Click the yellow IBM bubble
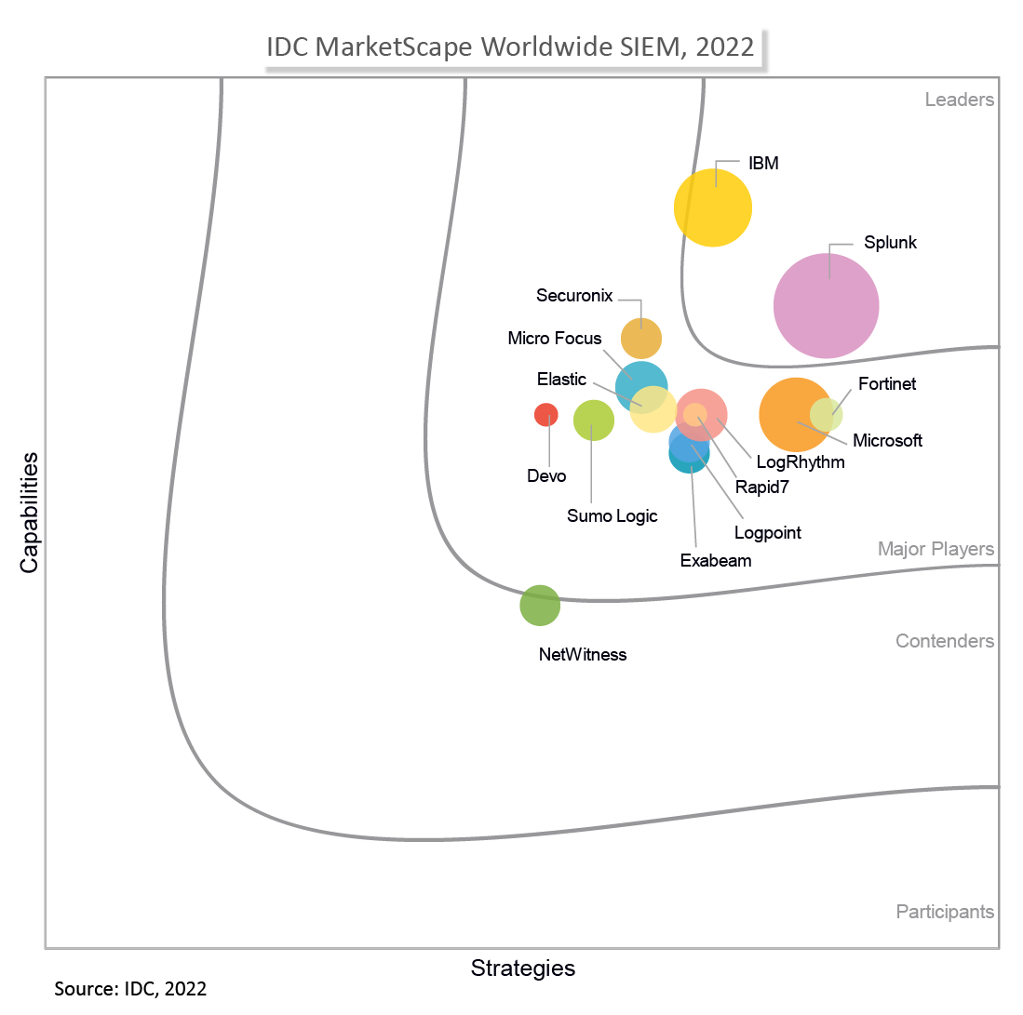[x=712, y=207]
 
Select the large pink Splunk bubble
[x=826, y=305]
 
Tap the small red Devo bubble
[x=545, y=415]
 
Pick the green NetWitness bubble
[x=540, y=606]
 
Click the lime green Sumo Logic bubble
[x=593, y=420]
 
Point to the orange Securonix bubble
[x=640, y=338]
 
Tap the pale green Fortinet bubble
[x=827, y=414]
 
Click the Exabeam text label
[x=715, y=561]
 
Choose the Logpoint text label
[x=767, y=533]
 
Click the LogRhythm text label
[x=801, y=461]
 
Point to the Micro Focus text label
[x=555, y=339]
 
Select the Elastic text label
[x=561, y=380]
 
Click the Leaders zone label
[x=959, y=100]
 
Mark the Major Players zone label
[x=936, y=550]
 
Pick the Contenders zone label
[x=944, y=641]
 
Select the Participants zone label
[x=945, y=912]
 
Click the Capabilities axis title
[x=29, y=513]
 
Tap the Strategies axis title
[x=523, y=968]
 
